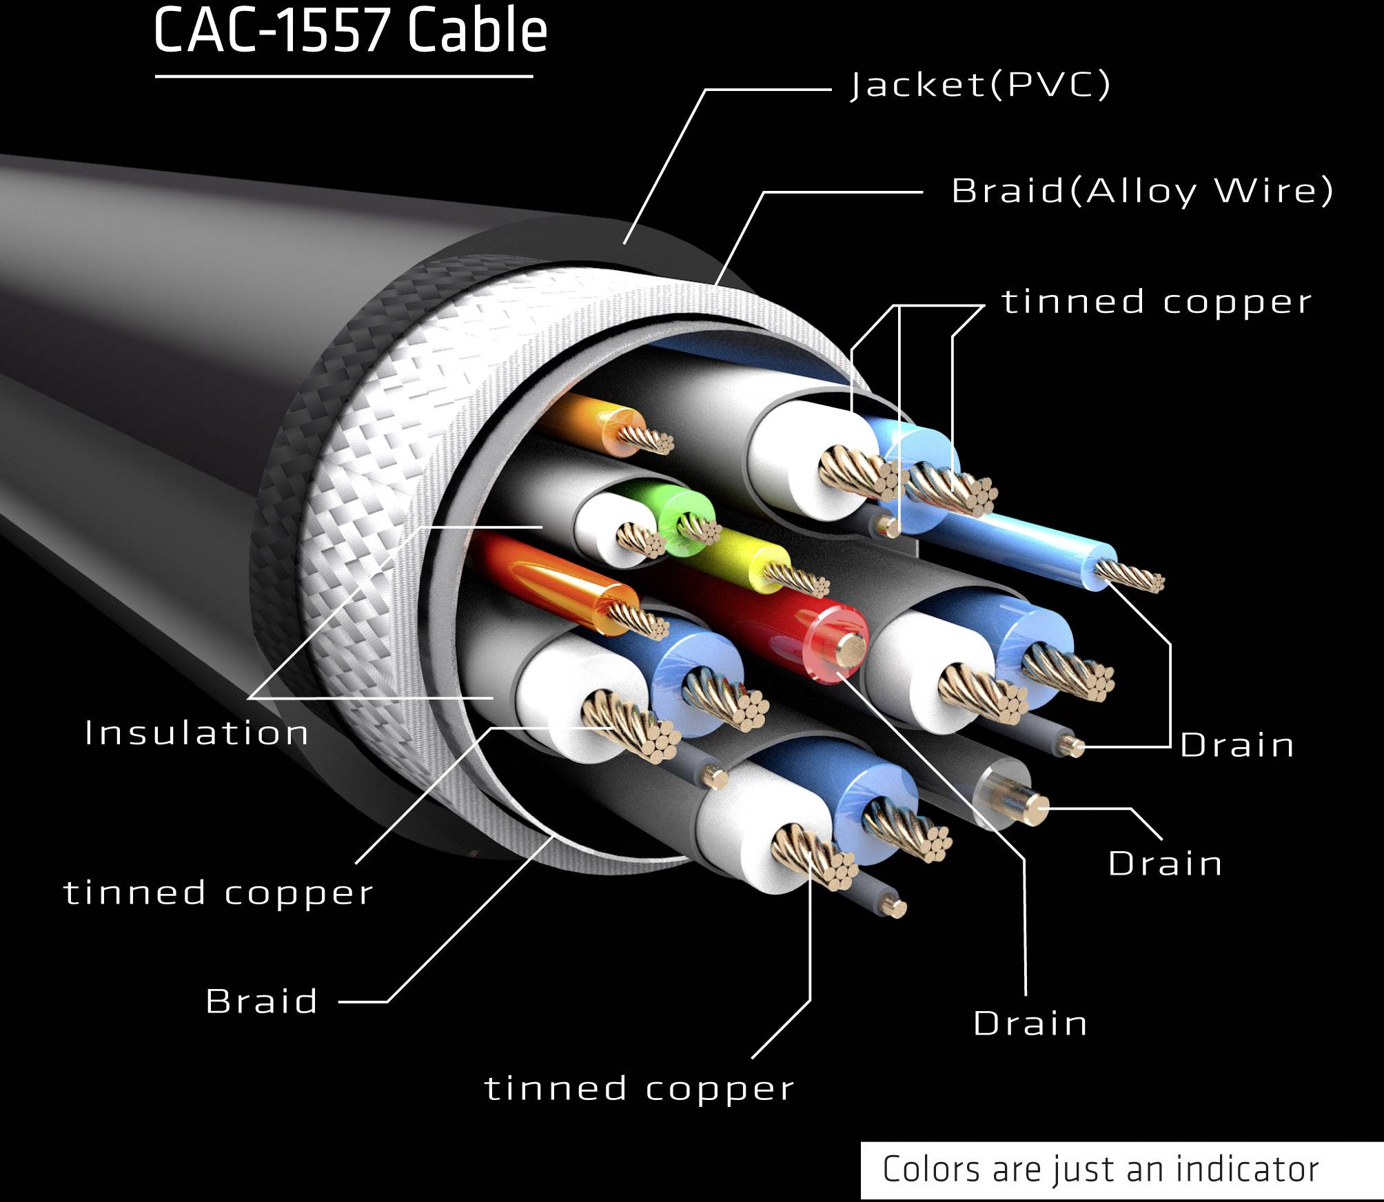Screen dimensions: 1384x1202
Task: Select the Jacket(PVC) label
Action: point(980,85)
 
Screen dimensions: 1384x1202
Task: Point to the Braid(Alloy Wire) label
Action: point(1142,190)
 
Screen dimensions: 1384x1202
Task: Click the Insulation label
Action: point(196,733)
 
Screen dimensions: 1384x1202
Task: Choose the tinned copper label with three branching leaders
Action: point(1157,303)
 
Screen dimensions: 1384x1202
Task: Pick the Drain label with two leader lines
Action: point(1237,745)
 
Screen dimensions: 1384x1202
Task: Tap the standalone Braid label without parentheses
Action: point(261,1001)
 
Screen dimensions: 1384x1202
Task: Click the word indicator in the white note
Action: point(1247,1169)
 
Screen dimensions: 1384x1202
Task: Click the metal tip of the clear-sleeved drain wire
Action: point(1032,808)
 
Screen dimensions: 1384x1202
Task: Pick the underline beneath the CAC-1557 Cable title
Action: point(344,76)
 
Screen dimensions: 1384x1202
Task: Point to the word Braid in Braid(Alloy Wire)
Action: point(1008,191)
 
